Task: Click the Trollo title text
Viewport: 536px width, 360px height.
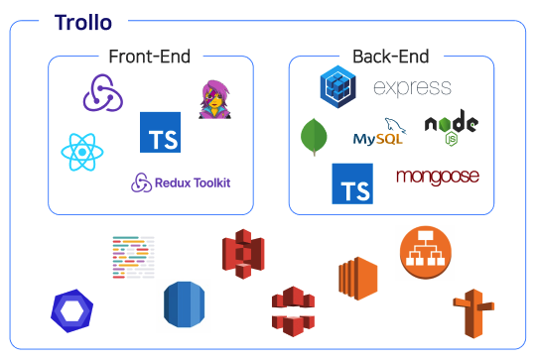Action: (83, 23)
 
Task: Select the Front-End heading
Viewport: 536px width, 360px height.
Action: (149, 57)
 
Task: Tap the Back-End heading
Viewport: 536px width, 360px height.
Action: (391, 57)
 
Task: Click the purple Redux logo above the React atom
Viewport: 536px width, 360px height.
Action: (103, 93)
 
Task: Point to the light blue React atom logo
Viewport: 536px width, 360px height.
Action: (82, 152)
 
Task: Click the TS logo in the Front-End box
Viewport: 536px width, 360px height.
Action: (161, 132)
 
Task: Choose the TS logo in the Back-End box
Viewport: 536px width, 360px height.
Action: (352, 183)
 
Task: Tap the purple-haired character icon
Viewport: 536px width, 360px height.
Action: (214, 99)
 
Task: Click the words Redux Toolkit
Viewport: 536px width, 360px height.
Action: (193, 182)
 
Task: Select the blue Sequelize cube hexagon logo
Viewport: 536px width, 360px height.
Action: (338, 86)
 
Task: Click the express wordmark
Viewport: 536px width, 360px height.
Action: (412, 87)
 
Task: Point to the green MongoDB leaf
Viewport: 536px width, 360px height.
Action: (314, 137)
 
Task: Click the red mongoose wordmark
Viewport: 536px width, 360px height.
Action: (438, 177)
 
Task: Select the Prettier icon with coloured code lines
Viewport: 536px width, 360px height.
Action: (133, 257)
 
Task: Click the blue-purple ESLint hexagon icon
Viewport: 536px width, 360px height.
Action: (71, 310)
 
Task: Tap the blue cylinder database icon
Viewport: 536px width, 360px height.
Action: (185, 304)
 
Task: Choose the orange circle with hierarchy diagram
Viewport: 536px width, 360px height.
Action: (426, 252)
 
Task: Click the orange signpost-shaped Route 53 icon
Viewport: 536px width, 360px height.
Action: (473, 313)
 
